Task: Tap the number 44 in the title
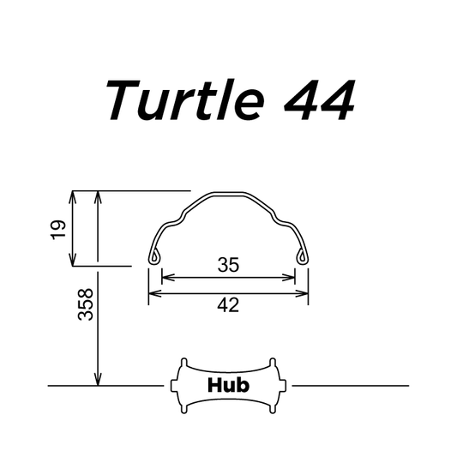[320, 100]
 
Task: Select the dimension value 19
[58, 230]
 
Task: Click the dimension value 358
[86, 304]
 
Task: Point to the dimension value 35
[228, 265]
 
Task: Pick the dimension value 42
[228, 305]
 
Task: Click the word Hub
[228, 385]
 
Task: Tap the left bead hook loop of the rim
[154, 256]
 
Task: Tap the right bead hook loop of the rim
[303, 256]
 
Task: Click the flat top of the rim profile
[228, 194]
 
